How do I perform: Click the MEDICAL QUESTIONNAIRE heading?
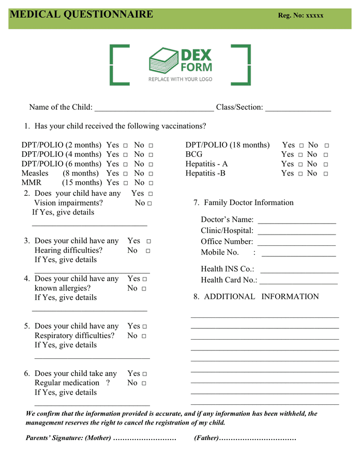point(81,14)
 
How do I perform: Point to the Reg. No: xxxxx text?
point(301,16)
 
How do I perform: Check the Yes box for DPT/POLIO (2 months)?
point(126,146)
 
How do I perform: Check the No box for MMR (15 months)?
point(151,183)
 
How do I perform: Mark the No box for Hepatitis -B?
point(326,174)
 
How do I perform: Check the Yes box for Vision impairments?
point(151,194)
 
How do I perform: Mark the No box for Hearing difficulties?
point(148,251)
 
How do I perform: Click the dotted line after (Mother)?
point(145,439)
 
